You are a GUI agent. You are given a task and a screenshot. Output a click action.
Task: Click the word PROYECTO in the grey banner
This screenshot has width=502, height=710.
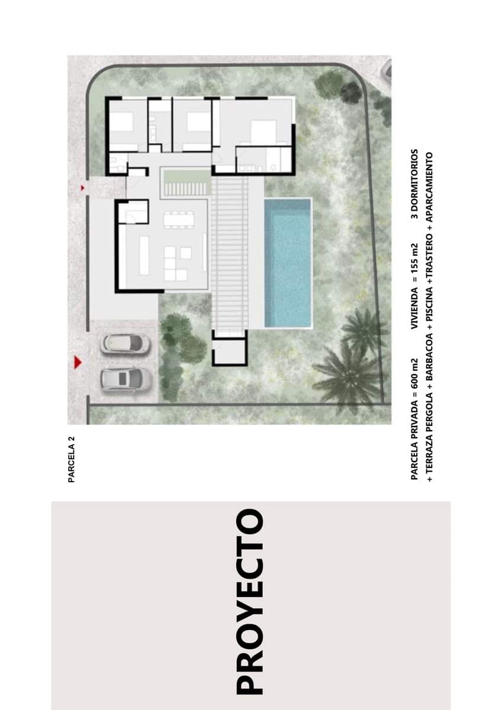pos(249,601)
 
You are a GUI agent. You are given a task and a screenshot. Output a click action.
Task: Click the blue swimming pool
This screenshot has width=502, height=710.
pos(288,263)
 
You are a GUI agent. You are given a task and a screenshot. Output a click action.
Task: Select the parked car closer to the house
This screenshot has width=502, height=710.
pos(125,344)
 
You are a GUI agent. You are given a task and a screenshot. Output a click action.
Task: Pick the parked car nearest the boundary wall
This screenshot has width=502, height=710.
pos(125,379)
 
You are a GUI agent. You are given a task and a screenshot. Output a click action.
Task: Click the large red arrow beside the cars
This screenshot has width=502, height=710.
pos(77,362)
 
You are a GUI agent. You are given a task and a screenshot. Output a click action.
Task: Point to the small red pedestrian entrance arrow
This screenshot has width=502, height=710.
pos(82,188)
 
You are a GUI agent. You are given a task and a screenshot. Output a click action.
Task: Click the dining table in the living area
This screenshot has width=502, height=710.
pos(178,220)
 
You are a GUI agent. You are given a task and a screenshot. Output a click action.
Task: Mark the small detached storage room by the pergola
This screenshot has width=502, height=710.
pos(230,349)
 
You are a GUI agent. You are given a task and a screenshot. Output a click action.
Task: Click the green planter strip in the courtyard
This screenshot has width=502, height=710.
pos(186,175)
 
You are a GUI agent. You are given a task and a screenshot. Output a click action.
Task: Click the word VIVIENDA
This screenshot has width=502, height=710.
pos(414,308)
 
